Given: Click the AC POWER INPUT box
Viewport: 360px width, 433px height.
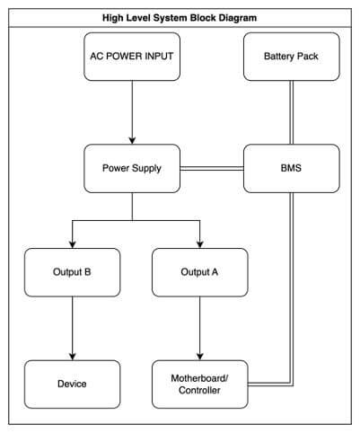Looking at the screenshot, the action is (132, 57).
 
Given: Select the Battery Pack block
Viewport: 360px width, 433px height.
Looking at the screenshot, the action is (292, 57).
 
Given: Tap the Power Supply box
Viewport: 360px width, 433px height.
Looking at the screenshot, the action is (132, 168).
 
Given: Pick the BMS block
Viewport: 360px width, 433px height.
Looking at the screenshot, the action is (292, 168).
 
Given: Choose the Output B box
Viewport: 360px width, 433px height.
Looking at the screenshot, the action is (73, 272).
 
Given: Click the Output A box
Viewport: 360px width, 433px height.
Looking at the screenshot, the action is (200, 272).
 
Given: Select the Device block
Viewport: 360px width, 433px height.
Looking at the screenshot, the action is (73, 384).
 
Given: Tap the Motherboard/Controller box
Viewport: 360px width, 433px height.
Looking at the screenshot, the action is (200, 384).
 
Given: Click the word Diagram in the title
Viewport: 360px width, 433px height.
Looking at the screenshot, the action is (238, 18).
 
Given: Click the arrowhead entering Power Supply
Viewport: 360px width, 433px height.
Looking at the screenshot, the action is (132, 140).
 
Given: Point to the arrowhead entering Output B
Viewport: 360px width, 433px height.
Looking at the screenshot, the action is (73, 244).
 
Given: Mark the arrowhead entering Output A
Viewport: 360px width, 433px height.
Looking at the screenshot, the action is (200, 244).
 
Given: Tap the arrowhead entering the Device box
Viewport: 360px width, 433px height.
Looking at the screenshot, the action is (73, 357).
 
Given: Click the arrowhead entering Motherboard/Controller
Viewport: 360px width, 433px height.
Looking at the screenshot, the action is (200, 357).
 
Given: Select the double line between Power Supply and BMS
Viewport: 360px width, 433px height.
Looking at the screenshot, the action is (212, 169).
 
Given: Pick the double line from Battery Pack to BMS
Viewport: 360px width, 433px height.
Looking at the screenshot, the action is (291, 112).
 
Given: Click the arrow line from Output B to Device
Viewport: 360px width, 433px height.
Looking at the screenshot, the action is (73, 328).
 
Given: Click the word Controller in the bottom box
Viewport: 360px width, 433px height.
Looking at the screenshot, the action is (199, 391).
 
